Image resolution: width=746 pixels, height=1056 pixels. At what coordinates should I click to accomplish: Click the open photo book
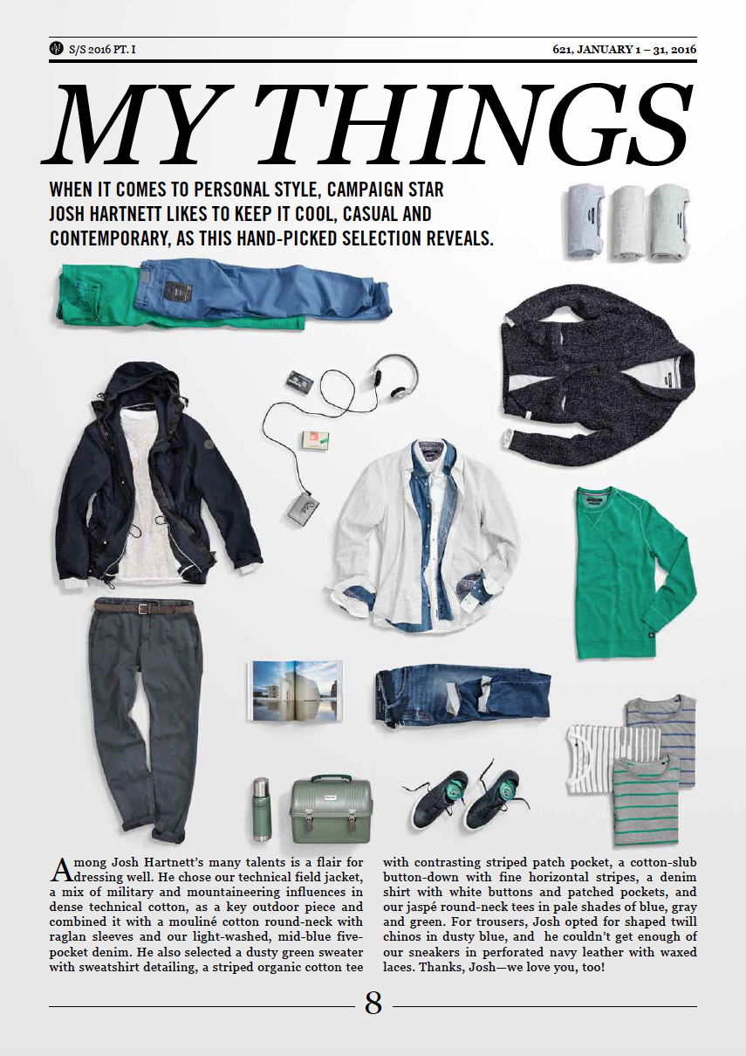(x=295, y=690)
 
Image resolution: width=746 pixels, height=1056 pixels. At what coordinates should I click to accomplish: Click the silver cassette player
(x=306, y=504)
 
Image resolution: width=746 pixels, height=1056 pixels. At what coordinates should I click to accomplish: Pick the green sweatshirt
(x=633, y=571)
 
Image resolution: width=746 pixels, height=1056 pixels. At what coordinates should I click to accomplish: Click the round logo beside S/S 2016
(x=57, y=49)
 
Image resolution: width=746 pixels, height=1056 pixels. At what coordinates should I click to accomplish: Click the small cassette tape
(x=299, y=380)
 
